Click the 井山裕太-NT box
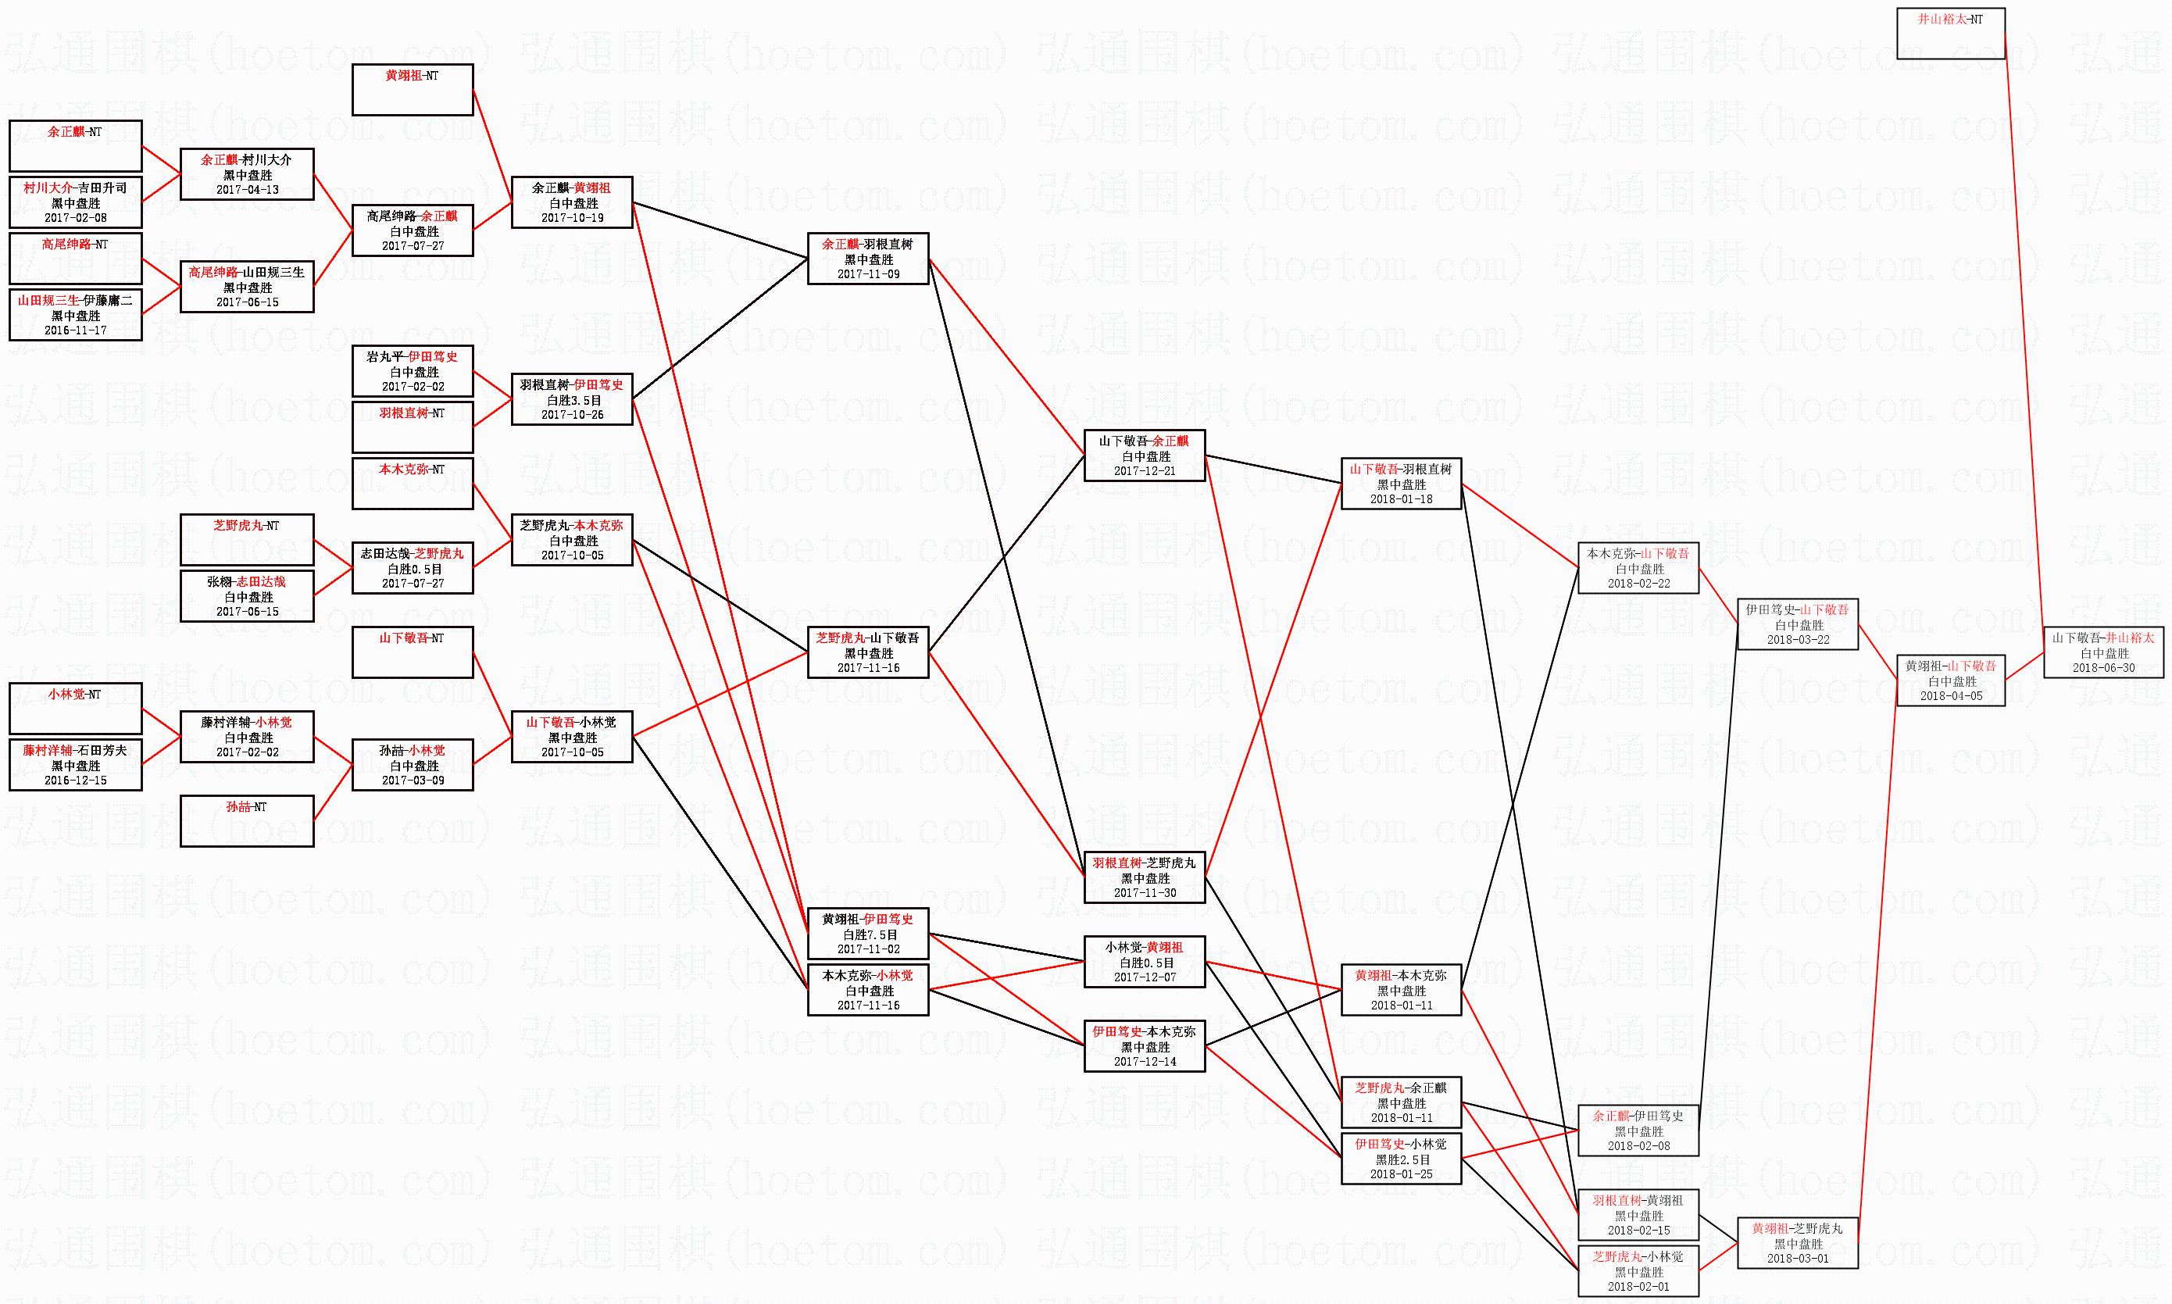[1951, 34]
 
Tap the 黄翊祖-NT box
[412, 90]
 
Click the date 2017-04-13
[247, 190]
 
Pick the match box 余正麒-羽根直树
[868, 259]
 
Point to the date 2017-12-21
[1144, 471]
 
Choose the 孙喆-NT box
[247, 820]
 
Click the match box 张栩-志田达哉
[247, 596]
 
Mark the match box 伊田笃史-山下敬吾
[1798, 624]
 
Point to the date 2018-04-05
[1951, 696]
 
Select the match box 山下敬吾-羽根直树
[1402, 484]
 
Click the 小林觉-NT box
[76, 708]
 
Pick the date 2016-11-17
[76, 330]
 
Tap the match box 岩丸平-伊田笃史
[412, 371]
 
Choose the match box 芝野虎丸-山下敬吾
[868, 652]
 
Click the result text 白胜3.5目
[573, 401]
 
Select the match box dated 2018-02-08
[1638, 1130]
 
